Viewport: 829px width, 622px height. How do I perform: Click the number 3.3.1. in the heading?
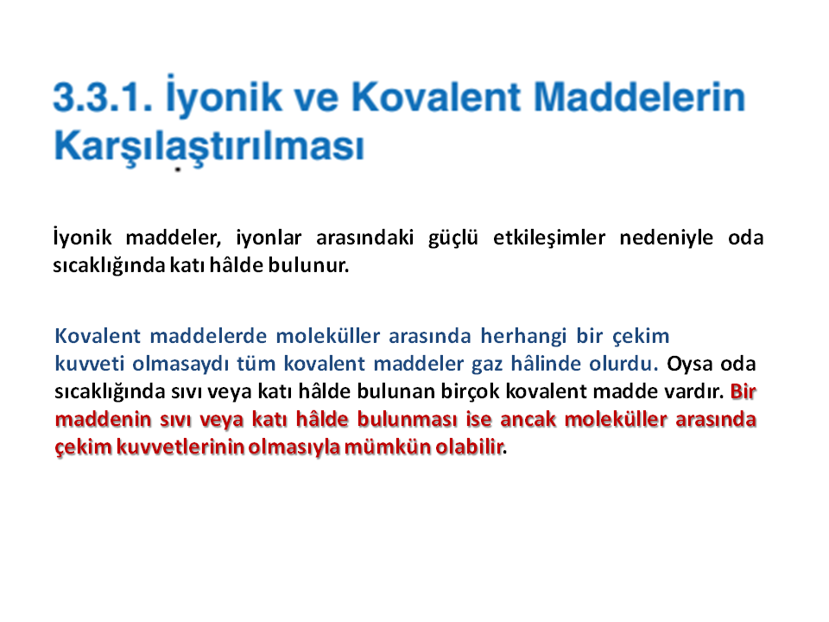(103, 98)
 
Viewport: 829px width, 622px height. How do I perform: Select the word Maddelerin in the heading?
(639, 97)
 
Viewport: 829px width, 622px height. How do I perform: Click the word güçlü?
(453, 238)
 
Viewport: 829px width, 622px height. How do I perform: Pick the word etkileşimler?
(549, 238)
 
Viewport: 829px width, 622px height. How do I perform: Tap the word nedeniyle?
(666, 238)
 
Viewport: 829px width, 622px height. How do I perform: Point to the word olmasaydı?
(180, 364)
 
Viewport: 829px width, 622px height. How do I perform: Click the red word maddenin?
(103, 420)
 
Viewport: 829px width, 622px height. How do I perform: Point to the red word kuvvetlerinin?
(180, 447)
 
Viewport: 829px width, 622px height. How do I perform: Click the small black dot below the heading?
(178, 170)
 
